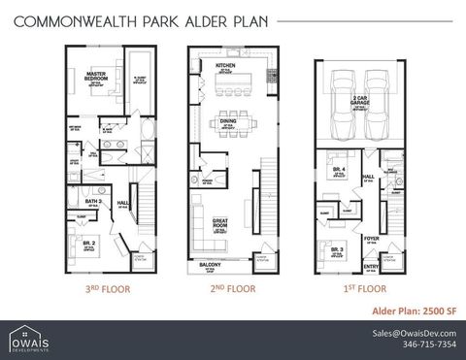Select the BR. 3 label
(337, 249)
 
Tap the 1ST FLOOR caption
(358, 288)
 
